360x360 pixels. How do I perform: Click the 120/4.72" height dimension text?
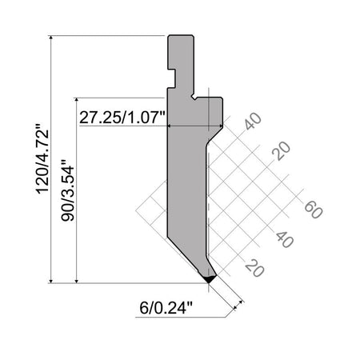tap(42, 158)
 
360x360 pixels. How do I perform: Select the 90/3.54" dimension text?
tap(67, 190)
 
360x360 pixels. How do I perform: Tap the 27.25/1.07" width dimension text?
tap(122, 118)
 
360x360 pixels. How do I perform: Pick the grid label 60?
tap(314, 210)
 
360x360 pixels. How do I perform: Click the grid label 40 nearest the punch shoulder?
tap(253, 121)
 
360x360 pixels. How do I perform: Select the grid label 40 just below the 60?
tap(285, 239)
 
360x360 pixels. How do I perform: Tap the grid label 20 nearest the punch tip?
tap(254, 268)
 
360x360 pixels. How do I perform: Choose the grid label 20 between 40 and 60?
tap(281, 150)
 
